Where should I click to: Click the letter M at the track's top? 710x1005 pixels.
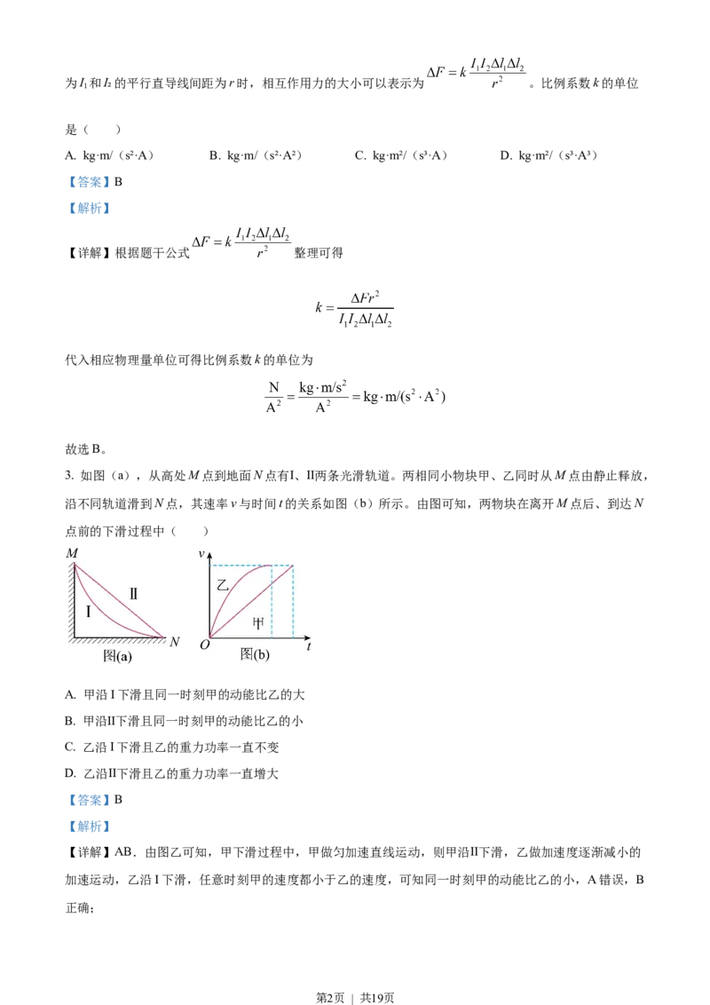[72, 553]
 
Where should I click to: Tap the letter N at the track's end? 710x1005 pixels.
[174, 642]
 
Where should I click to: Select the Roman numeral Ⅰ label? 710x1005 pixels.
[89, 611]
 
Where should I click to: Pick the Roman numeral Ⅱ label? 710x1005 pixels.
[133, 594]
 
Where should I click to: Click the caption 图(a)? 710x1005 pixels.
[117, 657]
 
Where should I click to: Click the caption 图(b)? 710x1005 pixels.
[255, 655]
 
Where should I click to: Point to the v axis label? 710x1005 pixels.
[201, 554]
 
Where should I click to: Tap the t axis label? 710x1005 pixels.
[309, 647]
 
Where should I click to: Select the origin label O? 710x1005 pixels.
[204, 645]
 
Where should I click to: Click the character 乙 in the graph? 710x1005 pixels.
[223, 586]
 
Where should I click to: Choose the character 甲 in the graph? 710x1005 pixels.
[258, 624]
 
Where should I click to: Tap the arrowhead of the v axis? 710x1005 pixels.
[210, 553]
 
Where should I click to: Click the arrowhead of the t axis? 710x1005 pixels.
[306, 637]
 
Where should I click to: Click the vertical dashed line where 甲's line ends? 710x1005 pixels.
[293, 604]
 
